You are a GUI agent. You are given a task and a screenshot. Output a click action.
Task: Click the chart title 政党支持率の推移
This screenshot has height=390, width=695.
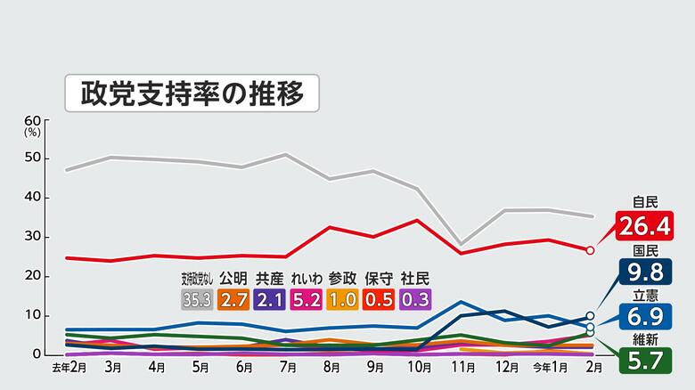pyautogui.click(x=192, y=91)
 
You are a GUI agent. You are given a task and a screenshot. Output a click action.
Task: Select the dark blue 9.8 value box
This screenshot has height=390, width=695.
pyautogui.click(x=646, y=272)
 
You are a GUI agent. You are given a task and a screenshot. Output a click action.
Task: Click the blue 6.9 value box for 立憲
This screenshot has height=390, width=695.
pyautogui.click(x=646, y=315)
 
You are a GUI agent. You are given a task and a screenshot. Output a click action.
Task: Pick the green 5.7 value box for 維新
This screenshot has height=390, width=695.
pyautogui.click(x=646, y=360)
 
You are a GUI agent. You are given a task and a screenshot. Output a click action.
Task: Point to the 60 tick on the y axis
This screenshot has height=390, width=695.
pyautogui.click(x=33, y=120)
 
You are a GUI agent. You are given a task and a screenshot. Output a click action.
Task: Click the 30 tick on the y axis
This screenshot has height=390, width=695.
pyautogui.click(x=33, y=237)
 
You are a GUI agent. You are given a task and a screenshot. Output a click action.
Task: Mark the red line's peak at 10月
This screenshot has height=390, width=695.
pyautogui.click(x=416, y=220)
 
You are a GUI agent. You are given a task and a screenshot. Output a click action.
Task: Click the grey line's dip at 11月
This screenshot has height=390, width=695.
pyautogui.click(x=460, y=244)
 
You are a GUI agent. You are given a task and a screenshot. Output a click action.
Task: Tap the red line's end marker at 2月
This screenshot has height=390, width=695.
pyautogui.click(x=590, y=250)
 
